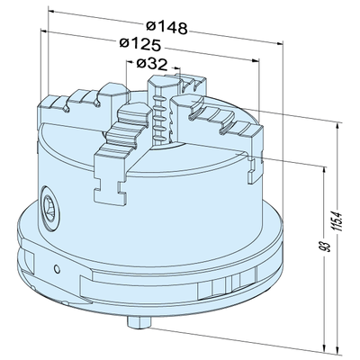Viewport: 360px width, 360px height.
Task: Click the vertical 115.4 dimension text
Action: (336, 221)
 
